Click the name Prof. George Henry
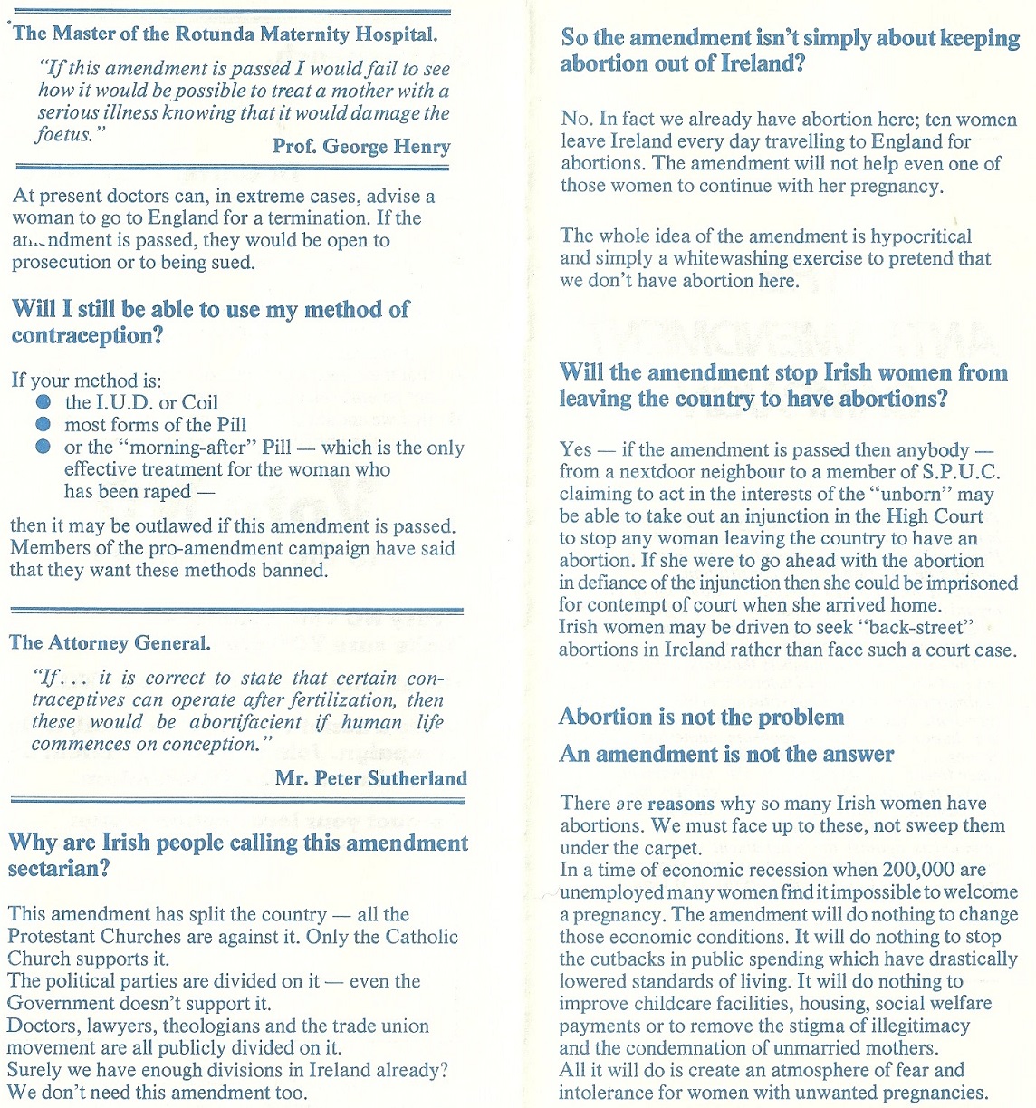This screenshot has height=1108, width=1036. (361, 146)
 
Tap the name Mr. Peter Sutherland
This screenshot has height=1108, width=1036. (370, 777)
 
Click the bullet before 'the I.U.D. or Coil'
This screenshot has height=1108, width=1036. (43, 402)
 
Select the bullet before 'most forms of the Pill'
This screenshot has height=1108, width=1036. (43, 424)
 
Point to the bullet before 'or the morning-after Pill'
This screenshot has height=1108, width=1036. (43, 447)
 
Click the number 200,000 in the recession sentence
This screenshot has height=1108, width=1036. (920, 870)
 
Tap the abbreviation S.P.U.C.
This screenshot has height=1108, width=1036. (961, 472)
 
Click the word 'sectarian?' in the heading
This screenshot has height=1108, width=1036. (58, 869)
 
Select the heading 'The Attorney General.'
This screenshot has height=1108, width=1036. (110, 642)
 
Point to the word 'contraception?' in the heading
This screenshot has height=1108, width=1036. (88, 336)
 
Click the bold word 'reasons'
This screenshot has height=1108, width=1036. (681, 804)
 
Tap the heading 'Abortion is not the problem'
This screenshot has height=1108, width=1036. (701, 718)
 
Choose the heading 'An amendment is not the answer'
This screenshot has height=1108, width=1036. (726, 754)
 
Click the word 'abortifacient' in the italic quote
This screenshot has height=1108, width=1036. (245, 722)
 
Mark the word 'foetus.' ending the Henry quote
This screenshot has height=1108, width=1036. (64, 135)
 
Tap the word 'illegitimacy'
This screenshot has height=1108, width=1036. (912, 1026)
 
